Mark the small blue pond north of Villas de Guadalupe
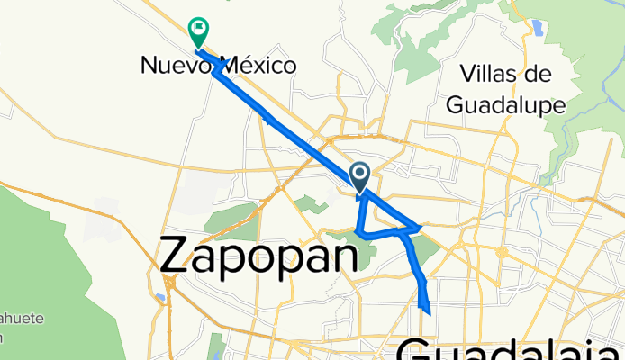point(539,27)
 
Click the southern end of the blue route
point(430,312)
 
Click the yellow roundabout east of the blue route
point(502,253)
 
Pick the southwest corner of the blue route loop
point(358,233)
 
